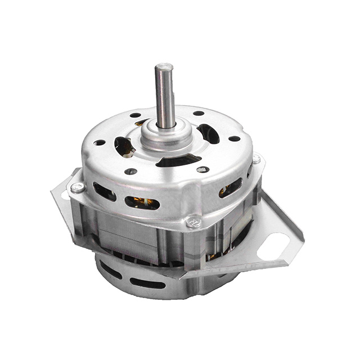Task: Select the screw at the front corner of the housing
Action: [x=194, y=222]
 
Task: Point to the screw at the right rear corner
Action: [x=256, y=159]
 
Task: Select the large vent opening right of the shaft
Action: [x=209, y=133]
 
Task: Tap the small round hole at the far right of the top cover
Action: [x=234, y=138]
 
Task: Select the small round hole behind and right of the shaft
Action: [x=199, y=113]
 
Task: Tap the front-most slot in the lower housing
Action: [x=147, y=283]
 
